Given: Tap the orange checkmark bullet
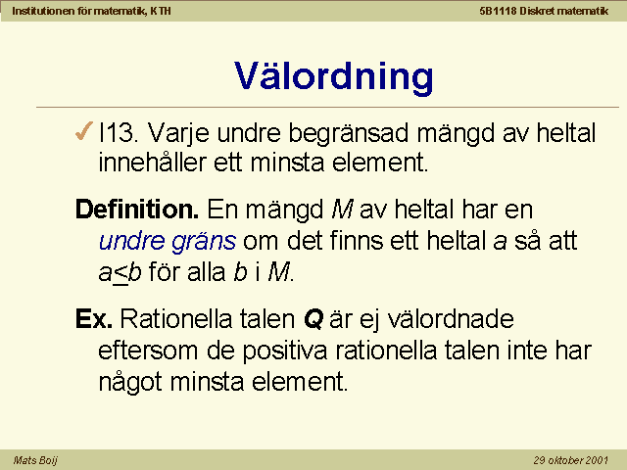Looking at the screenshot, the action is tap(83, 131).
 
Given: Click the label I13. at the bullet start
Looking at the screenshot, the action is tap(119, 132).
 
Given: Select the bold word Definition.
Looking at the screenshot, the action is tap(137, 209).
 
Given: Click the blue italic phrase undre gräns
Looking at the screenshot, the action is tap(168, 241).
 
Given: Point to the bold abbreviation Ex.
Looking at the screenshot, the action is tap(94, 318).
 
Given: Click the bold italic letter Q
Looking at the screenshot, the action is tap(313, 319).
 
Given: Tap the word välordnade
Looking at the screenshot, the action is tap(451, 318).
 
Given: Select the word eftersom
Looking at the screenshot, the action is tap(148, 351).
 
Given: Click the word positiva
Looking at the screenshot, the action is tap(285, 351).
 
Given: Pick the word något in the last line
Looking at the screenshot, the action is tap(130, 382).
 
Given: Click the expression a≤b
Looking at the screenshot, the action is tap(120, 273).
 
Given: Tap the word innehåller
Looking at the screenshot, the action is tap(152, 163).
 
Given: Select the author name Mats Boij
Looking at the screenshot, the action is tap(35, 460).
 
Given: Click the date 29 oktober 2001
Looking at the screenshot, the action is tap(570, 460).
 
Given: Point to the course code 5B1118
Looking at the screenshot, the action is tap(499, 11).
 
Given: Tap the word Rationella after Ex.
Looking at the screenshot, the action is tap(176, 318).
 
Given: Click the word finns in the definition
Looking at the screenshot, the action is tap(357, 241).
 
